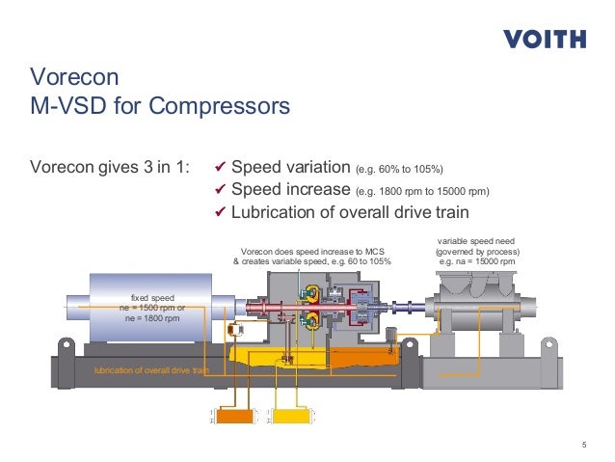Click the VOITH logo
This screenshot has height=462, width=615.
[x=545, y=40]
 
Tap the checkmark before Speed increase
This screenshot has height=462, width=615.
[x=219, y=189]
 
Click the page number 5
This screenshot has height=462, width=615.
[x=585, y=444]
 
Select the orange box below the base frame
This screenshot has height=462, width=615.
[x=232, y=417]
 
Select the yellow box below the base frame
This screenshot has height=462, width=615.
[x=287, y=417]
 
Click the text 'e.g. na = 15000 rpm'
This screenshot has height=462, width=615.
[x=479, y=261]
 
